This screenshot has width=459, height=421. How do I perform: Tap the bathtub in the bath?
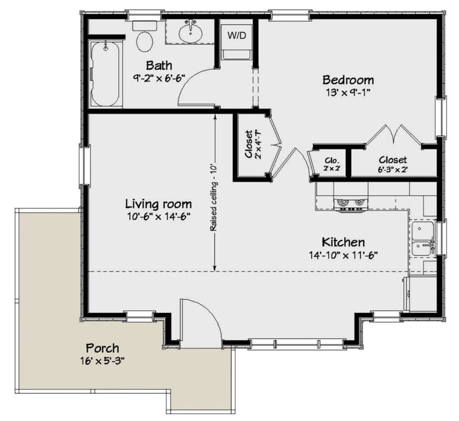coord(105,74)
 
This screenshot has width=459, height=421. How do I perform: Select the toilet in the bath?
coord(145,41)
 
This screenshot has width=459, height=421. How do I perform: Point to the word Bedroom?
coord(348,80)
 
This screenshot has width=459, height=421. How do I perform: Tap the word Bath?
coord(158,65)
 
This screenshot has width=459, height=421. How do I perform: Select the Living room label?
coord(158,204)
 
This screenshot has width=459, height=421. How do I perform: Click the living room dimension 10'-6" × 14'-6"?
coord(158,217)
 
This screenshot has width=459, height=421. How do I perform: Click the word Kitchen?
coord(343,242)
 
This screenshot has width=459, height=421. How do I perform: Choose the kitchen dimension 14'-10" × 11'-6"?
coord(343,255)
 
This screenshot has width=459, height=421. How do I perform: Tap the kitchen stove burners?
coord(350,203)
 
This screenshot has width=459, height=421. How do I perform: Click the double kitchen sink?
coord(422,240)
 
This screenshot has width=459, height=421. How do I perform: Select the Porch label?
coord(103,348)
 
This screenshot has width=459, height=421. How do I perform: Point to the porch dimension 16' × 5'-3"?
coord(103,361)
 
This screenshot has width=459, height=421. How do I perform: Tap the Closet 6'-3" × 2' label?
coord(393,164)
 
